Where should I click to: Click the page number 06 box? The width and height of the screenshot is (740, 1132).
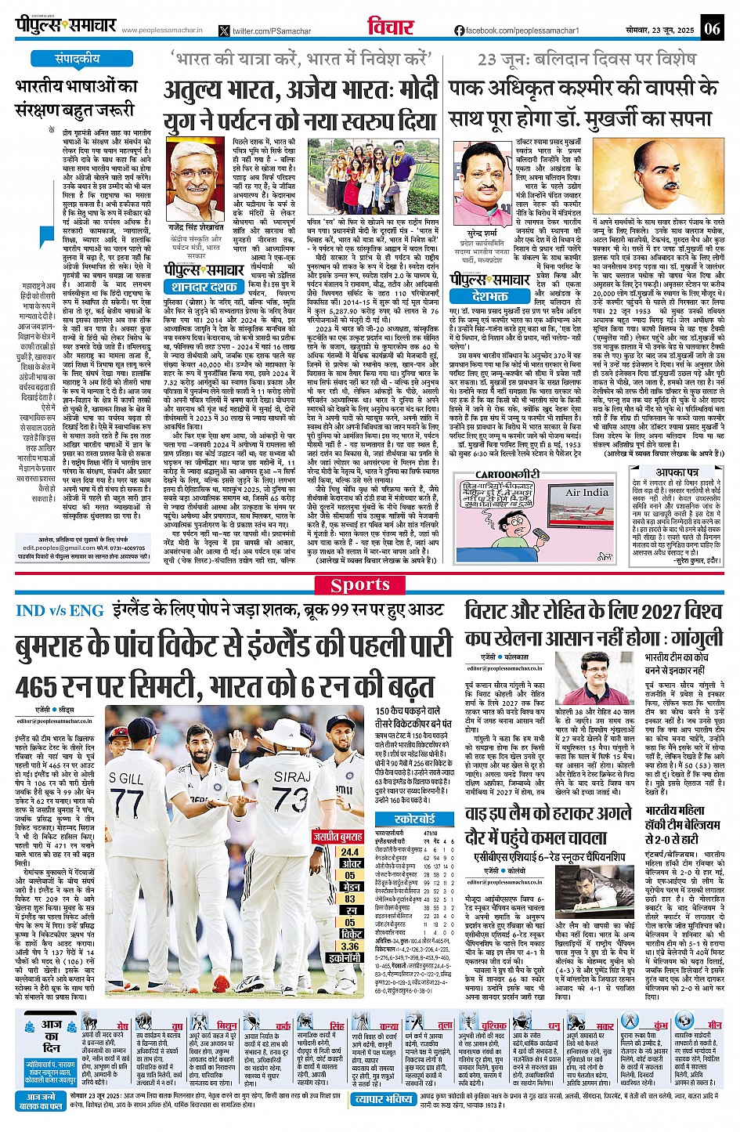click(x=711, y=29)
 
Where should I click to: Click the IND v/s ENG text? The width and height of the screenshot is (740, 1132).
click(x=60, y=610)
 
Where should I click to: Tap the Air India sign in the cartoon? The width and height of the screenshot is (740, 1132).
click(x=587, y=493)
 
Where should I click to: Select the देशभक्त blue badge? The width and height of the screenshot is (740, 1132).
click(x=491, y=297)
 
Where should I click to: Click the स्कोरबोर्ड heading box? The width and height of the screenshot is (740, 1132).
click(x=415, y=819)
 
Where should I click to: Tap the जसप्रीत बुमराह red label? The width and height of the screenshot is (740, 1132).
click(x=338, y=837)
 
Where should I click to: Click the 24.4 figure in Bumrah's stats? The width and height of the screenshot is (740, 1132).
click(x=350, y=852)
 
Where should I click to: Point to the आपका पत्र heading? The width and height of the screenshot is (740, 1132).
click(x=677, y=473)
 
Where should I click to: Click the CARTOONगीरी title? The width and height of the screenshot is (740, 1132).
click(x=507, y=475)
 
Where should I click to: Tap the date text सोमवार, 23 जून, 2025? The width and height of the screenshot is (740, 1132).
click(x=660, y=30)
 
